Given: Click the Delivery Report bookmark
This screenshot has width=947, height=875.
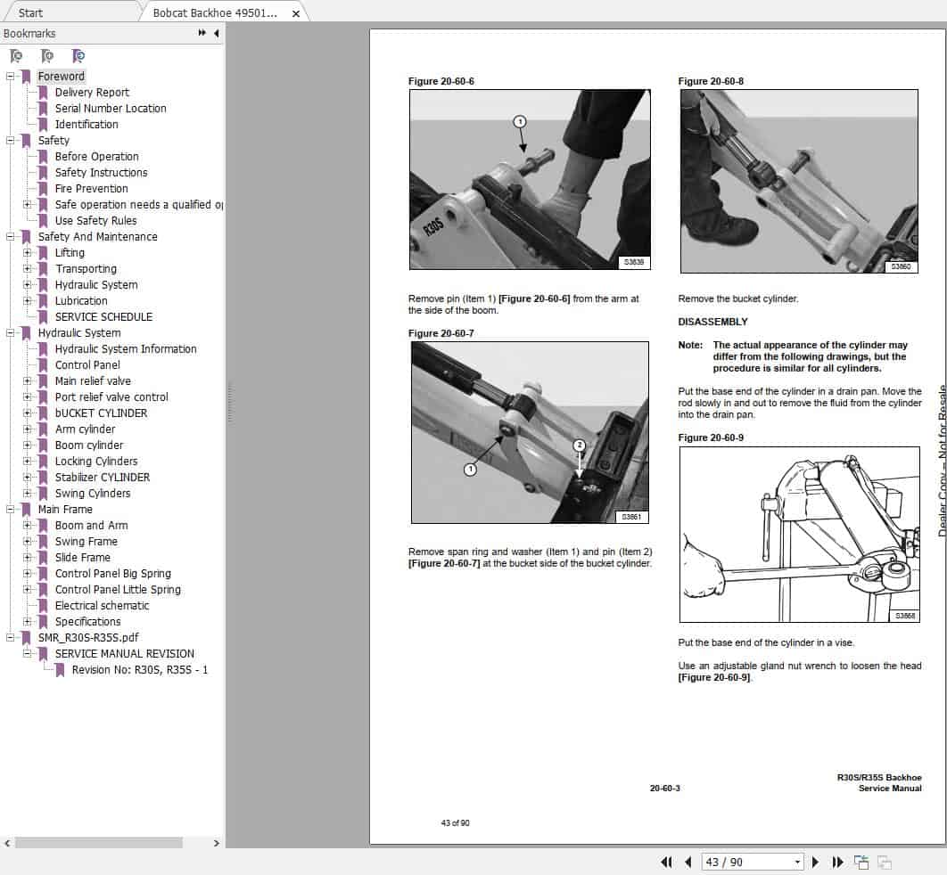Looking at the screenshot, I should click(92, 93).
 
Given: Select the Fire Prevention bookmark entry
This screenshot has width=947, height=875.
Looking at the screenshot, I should click(91, 189).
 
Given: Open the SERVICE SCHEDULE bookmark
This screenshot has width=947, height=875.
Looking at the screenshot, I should click(103, 317).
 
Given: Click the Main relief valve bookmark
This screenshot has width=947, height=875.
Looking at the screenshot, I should click(93, 381).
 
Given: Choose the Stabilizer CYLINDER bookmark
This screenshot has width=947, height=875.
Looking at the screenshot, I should click(102, 478).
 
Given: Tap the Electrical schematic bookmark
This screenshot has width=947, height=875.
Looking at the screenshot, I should click(102, 606).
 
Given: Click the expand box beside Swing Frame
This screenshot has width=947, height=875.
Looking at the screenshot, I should click(28, 542).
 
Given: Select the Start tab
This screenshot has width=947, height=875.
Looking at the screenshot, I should click(31, 13).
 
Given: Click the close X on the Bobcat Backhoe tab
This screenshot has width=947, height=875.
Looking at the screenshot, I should click(296, 14).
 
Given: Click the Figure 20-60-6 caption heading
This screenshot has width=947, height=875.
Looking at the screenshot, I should click(441, 82).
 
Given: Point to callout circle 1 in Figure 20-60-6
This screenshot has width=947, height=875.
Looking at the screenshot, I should click(520, 121).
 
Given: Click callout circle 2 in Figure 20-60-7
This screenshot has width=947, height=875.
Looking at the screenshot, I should click(579, 445).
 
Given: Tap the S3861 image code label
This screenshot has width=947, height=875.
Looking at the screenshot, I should click(631, 517).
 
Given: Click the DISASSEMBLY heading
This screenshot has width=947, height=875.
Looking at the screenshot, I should click(712, 322).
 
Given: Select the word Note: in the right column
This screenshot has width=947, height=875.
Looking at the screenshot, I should click(690, 345).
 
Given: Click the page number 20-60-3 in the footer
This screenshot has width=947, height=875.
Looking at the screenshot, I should click(664, 788).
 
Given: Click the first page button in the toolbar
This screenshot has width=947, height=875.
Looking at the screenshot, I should click(666, 862).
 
